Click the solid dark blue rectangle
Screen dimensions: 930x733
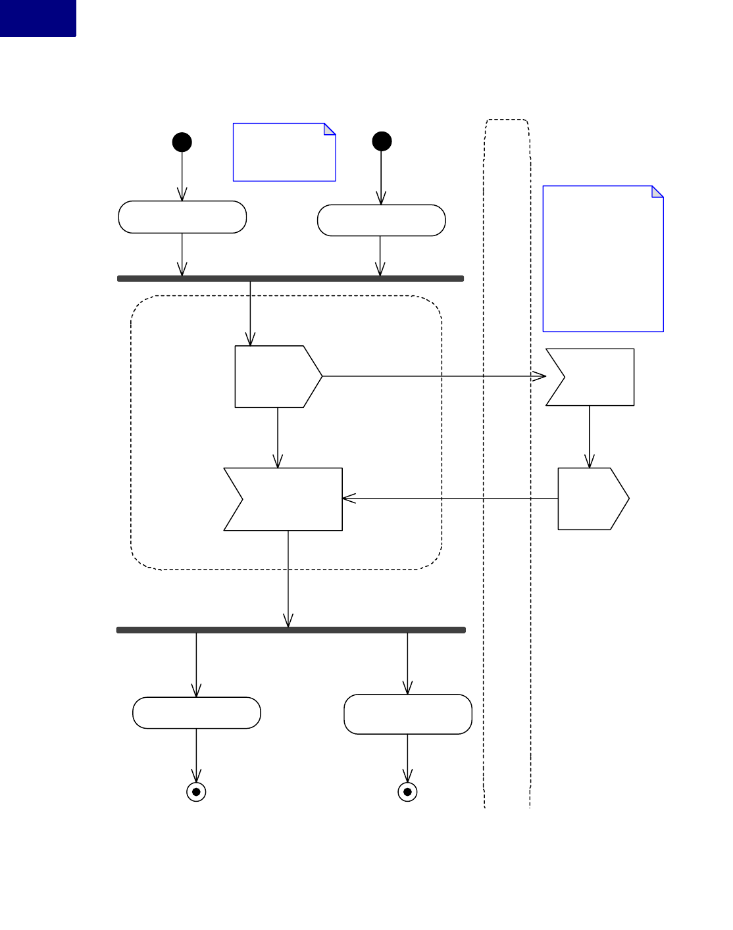[38, 18]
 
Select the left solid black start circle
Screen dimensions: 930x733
[182, 142]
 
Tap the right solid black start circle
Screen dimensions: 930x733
[382, 141]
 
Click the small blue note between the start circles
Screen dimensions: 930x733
[284, 153]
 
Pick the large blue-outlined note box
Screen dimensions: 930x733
[603, 259]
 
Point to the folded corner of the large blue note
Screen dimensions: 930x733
[658, 191]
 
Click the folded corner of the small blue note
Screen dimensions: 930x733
[330, 128]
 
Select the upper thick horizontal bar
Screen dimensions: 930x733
[290, 279]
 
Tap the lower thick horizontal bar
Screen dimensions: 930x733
[291, 630]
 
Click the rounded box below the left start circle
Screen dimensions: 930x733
[182, 217]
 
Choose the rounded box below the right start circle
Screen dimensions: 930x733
[381, 220]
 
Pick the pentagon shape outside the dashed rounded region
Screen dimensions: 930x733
[590, 499]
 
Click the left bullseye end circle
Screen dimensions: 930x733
[196, 792]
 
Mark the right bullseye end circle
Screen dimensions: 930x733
[407, 792]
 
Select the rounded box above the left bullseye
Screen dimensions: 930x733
[196, 713]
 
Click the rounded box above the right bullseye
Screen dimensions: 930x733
[408, 714]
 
